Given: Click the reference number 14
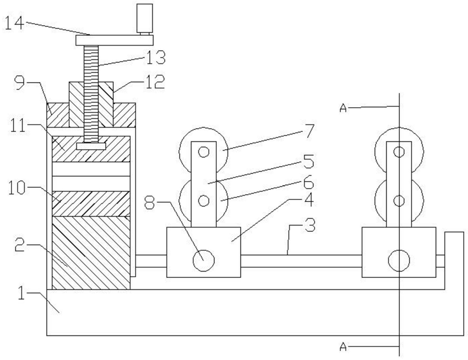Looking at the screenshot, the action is click(15, 23).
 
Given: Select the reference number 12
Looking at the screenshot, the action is click(155, 82).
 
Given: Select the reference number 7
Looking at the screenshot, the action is click(309, 131).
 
